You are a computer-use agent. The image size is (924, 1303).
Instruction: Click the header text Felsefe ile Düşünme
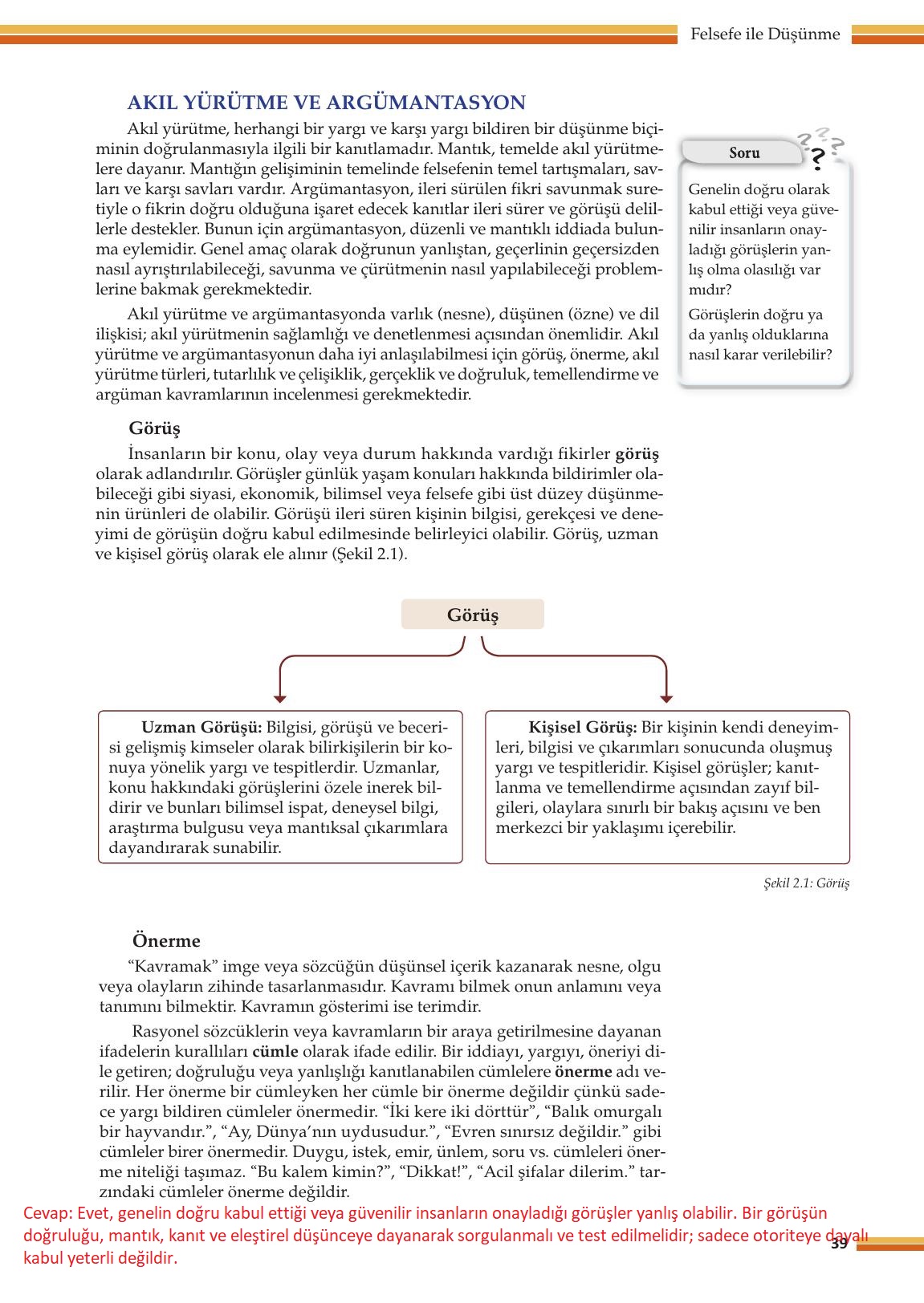(x=764, y=34)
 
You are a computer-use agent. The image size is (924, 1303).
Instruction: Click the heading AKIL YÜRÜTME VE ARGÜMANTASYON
(x=326, y=103)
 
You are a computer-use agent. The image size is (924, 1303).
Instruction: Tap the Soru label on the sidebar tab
(x=744, y=152)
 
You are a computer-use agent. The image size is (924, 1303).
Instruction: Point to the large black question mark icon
(x=817, y=159)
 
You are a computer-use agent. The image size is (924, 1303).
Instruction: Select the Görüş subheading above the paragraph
(x=154, y=428)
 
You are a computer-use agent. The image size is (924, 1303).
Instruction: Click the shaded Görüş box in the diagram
(x=472, y=615)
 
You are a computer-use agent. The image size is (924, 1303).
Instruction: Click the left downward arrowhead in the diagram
(x=279, y=697)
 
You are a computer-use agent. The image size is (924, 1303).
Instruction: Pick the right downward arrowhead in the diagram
(x=666, y=697)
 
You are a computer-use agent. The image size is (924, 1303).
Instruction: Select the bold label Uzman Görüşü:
(x=201, y=728)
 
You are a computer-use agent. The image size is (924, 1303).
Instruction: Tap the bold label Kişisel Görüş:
(x=583, y=728)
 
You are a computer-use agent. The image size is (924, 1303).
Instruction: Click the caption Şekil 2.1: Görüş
(x=807, y=883)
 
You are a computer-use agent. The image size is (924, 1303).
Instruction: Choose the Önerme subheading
(x=166, y=941)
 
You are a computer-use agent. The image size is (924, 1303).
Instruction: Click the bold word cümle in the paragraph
(x=275, y=1051)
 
